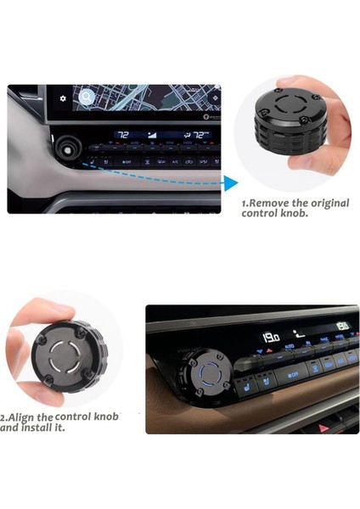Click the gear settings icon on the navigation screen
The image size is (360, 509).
coord(62,98)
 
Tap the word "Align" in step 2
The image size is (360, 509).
coord(21,417)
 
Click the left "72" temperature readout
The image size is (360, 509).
coord(122,135)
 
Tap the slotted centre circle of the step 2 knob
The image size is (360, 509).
coord(65,357)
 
